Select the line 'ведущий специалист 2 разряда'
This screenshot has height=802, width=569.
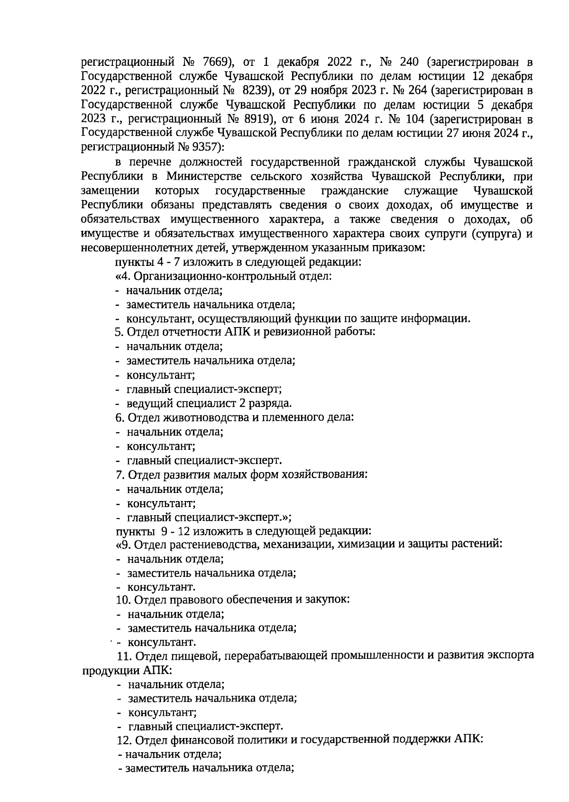[x=209, y=403]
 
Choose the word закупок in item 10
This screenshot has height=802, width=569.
[x=330, y=600]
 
